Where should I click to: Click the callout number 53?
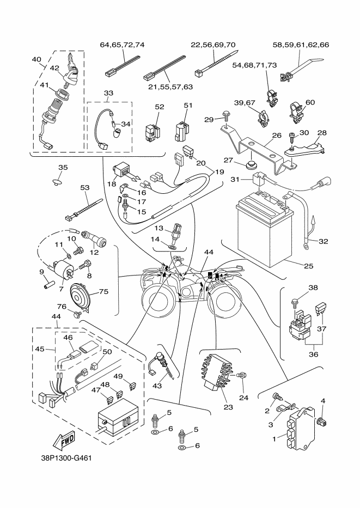[x=84, y=187]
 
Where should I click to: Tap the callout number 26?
[x=276, y=135]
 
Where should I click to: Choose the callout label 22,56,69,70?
[x=213, y=45]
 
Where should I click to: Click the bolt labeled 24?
[x=243, y=376]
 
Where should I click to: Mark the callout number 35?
[x=63, y=167]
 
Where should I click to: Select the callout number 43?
[x=158, y=385]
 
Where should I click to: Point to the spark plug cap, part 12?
[x=94, y=240]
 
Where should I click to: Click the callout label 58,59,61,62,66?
[x=300, y=45]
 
